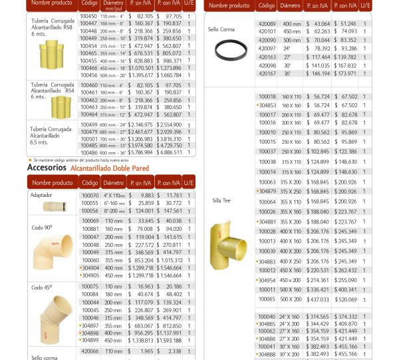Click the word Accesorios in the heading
coord(47,168)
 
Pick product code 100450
coord(88,16)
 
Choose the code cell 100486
coord(88,152)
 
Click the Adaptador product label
coord(41,196)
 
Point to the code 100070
coord(90,196)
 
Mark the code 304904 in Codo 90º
coord(90,268)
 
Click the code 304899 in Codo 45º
coord(90,340)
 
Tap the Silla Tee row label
coord(221,200)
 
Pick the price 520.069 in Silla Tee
coord(345,299)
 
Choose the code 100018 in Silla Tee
coord(267,96)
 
